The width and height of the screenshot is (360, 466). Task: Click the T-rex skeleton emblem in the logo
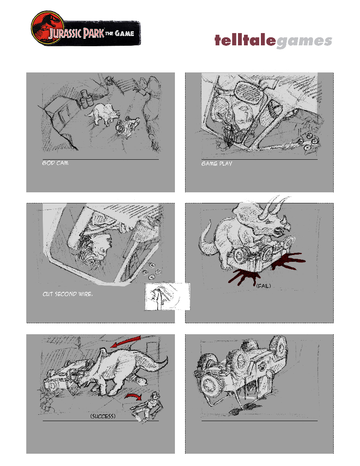pyautogui.click(x=44, y=27)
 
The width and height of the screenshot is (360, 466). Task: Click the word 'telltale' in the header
pyautogui.click(x=245, y=41)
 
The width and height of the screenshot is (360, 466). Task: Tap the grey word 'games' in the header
pyautogui.click(x=304, y=42)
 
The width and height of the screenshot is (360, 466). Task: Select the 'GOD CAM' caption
pyautogui.click(x=55, y=163)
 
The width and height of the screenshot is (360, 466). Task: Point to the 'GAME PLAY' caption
pyautogui.click(x=216, y=163)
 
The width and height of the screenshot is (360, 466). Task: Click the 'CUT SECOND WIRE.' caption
pyautogui.click(x=67, y=294)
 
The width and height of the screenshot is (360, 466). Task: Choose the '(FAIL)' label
pyautogui.click(x=263, y=286)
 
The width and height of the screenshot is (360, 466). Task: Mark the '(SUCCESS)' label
pyautogui.click(x=103, y=416)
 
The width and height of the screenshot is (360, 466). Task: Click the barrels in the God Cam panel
pyautogui.click(x=86, y=98)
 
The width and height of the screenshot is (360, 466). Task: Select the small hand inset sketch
pyautogui.click(x=167, y=297)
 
